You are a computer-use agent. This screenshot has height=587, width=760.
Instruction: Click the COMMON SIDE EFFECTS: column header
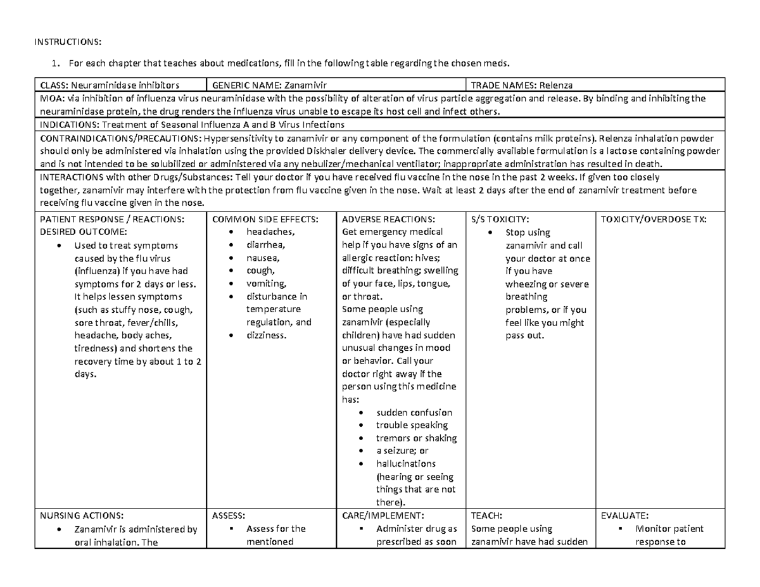tap(264, 219)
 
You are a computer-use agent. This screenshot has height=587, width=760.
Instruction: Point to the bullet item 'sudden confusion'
tap(414, 412)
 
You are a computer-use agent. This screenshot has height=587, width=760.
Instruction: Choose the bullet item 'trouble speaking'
tap(412, 425)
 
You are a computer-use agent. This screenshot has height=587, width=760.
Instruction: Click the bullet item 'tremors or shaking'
tap(416, 438)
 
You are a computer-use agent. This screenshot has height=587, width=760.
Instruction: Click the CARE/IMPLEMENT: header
tap(378, 515)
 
